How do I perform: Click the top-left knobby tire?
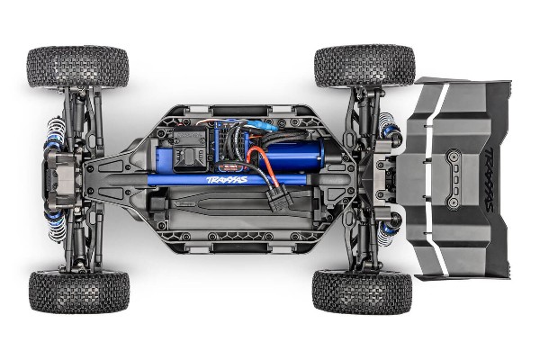(x=77, y=67)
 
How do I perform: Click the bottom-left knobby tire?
(x=78, y=292)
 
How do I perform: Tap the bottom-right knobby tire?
(x=362, y=292)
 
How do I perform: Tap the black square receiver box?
(x=191, y=149)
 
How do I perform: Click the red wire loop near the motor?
(x=260, y=166)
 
